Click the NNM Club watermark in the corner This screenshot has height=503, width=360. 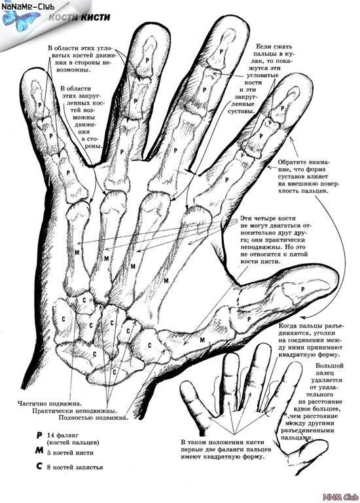[x=340, y=497]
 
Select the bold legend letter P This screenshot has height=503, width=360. [x=39, y=436]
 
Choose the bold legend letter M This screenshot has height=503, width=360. [x=39, y=451]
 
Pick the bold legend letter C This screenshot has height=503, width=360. [x=39, y=466]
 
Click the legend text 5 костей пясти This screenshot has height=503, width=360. [x=70, y=453]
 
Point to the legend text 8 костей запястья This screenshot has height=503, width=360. [x=75, y=468]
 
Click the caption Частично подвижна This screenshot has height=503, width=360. [x=49, y=403]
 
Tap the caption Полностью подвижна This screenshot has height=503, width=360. [x=94, y=418]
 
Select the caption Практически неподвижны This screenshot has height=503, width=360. [x=74, y=411]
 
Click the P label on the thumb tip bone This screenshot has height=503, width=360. [x=302, y=289]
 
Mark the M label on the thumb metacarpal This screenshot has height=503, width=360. [x=202, y=340]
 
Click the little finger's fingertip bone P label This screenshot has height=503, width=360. [x=40, y=105]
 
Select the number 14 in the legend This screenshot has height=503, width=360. [x=50, y=436]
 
